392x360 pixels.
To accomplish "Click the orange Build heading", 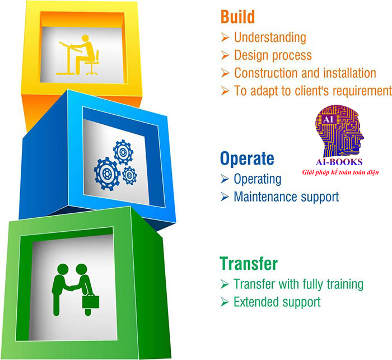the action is pos(237,16).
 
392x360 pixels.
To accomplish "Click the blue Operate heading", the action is pos(247,159).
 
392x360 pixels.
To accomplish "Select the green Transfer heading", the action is pos(249,263).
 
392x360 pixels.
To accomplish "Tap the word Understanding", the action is pos(270,38).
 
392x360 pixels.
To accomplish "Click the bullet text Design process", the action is pos(273,55).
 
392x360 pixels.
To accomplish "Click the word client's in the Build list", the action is pos(312,91).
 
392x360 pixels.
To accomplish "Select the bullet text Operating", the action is pos(258,179).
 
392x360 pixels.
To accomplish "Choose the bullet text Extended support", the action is pos(277,302).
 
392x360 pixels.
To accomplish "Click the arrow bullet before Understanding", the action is pos(225,38).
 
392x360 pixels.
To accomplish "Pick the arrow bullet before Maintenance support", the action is pos(225,197).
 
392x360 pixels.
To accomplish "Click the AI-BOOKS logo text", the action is pos(339,162).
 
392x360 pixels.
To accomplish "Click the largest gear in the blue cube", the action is pos(107,173).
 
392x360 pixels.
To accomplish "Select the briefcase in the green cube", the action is pos(91,301).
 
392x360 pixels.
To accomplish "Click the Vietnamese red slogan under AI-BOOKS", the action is pos(340,172).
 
